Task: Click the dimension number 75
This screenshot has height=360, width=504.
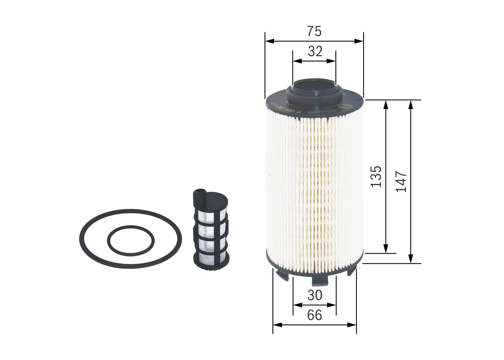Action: [x=314, y=31]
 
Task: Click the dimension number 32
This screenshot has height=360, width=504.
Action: [x=315, y=51]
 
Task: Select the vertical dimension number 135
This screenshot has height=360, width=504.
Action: [x=376, y=176]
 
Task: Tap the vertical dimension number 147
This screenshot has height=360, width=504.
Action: [x=401, y=181]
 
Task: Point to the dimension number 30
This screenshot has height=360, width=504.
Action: [x=315, y=295]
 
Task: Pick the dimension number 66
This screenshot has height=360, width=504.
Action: [x=314, y=315]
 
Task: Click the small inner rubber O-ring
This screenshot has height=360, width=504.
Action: [x=109, y=241]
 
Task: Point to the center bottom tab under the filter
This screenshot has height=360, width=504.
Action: [x=320, y=281]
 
